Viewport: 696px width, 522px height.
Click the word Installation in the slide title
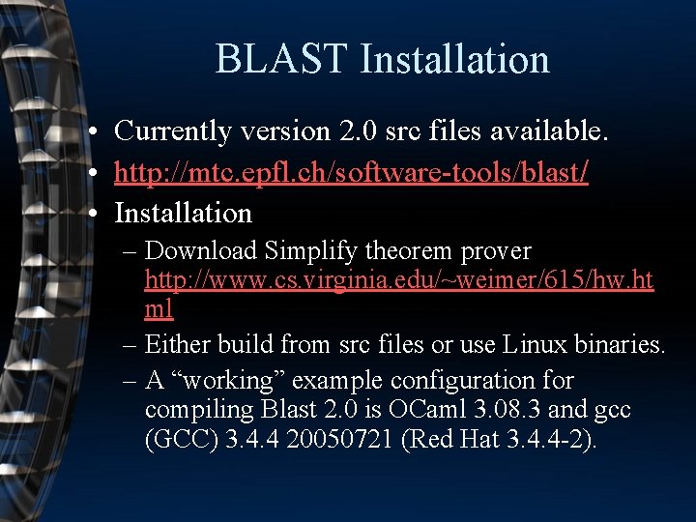454,59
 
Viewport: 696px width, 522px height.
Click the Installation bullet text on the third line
183,213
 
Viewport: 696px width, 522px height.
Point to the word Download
201,251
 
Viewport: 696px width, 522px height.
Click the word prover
497,251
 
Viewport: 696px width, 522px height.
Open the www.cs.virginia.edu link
398,280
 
